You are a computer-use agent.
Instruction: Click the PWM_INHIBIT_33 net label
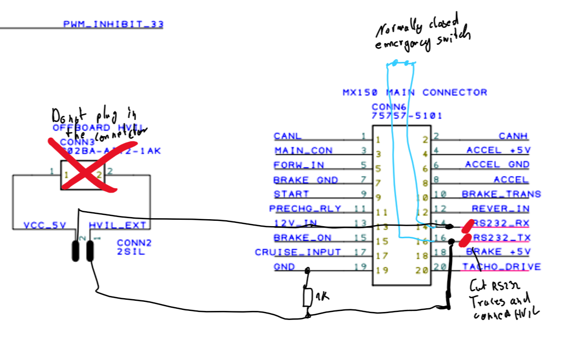(x=113, y=24)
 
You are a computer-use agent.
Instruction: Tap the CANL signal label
(x=287, y=137)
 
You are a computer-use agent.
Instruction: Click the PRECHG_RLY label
(x=305, y=209)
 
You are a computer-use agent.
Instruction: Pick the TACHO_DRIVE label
(x=501, y=267)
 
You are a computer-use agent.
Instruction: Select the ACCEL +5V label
(x=499, y=151)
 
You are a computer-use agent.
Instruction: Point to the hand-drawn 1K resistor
(x=308, y=298)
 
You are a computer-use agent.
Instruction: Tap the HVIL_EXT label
(x=117, y=225)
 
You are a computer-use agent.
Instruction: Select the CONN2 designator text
(x=134, y=243)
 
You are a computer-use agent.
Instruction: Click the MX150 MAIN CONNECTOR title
(x=414, y=92)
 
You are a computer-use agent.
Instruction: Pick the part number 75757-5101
(x=407, y=115)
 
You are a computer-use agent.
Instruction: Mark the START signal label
(x=291, y=194)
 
